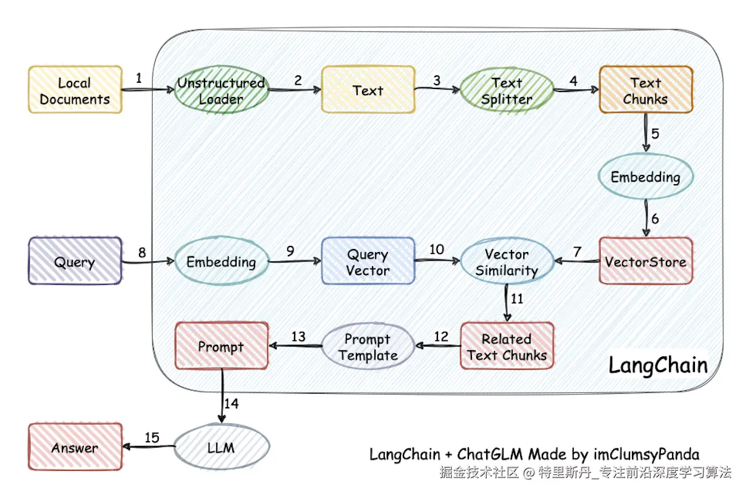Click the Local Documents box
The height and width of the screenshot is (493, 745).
point(75,90)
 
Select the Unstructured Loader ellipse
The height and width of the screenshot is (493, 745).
point(221,90)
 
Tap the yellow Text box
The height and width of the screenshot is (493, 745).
point(368,90)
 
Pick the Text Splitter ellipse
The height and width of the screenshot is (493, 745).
point(507,90)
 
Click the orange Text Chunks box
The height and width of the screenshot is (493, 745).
point(646,90)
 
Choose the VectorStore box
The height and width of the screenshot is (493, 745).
point(646,261)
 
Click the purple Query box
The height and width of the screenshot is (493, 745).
point(75,261)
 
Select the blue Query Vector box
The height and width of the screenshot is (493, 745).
point(368,261)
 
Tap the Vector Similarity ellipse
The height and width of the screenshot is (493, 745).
point(507,262)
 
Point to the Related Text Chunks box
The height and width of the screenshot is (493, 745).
point(507,346)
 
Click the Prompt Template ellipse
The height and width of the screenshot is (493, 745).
point(368,347)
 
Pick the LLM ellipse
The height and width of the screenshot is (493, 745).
point(221,446)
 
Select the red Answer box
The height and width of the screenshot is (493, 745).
point(75,447)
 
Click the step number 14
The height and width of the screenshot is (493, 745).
point(232,403)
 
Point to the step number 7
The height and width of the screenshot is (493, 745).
point(577,251)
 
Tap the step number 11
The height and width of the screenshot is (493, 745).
point(517,298)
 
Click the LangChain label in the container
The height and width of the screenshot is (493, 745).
point(658,364)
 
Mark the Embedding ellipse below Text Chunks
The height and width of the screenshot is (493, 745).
point(646,177)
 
